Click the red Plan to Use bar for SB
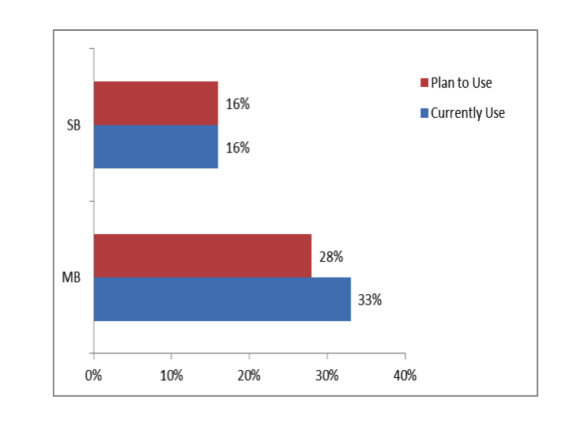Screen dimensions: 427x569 click(x=156, y=103)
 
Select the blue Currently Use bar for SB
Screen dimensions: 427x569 click(x=156, y=146)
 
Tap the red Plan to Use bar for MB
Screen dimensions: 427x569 click(x=202, y=256)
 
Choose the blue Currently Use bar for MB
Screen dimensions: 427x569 click(x=222, y=299)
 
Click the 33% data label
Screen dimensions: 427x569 click(x=370, y=300)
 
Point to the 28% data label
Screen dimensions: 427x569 click(x=330, y=257)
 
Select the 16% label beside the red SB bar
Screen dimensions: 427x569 click(x=238, y=104)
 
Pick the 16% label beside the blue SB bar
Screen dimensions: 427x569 click(x=238, y=147)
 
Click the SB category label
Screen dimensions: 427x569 click(x=73, y=125)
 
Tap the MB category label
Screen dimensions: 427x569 click(x=72, y=278)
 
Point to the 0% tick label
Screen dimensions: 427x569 click(x=93, y=375)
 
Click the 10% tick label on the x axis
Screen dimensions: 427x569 click(x=171, y=375)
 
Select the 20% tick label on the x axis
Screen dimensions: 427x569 click(x=249, y=375)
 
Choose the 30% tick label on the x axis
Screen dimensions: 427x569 click(x=326, y=375)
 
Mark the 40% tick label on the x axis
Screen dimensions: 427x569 click(x=405, y=375)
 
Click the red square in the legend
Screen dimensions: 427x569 click(x=424, y=83)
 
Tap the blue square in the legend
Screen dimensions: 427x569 click(x=424, y=113)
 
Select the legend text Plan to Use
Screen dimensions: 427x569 click(x=462, y=83)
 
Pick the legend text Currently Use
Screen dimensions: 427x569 click(x=468, y=113)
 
